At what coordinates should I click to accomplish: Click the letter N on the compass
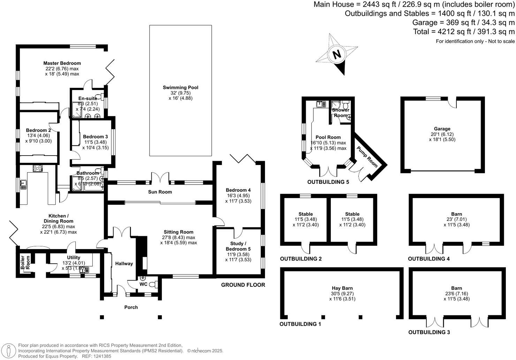click(x=337, y=55)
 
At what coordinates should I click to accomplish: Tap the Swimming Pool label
click(x=181, y=87)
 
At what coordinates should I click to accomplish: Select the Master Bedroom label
click(x=62, y=63)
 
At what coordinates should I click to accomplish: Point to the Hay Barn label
click(x=342, y=288)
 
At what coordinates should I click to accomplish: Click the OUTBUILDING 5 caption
click(x=328, y=182)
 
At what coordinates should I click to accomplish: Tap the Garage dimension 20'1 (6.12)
click(x=442, y=134)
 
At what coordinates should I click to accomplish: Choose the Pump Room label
click(x=367, y=157)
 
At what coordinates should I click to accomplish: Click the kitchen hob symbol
click(x=38, y=168)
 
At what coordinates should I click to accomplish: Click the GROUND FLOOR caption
click(x=243, y=285)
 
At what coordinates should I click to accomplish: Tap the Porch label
click(x=131, y=307)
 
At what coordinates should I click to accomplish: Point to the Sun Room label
click(x=160, y=192)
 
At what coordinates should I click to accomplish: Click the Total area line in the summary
click(x=463, y=32)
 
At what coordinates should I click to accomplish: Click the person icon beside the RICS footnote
click(x=9, y=351)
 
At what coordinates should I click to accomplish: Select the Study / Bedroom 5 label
click(x=238, y=246)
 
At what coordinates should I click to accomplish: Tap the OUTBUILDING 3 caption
click(x=429, y=332)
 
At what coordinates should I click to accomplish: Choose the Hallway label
click(x=124, y=263)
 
